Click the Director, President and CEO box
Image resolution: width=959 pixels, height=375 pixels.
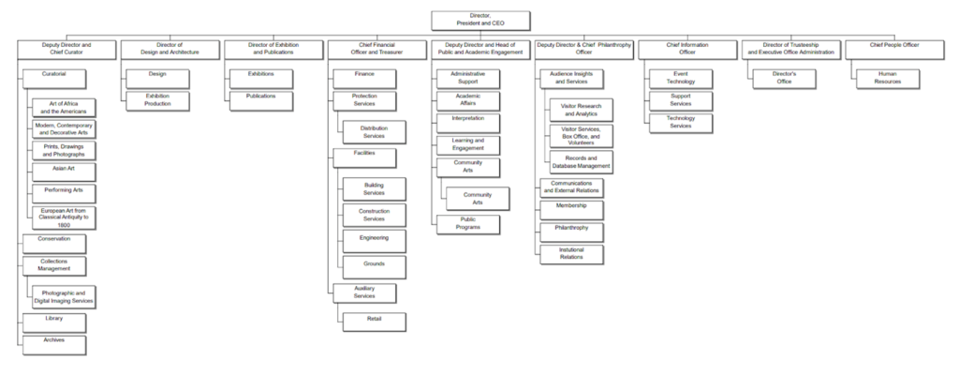pos(480,20)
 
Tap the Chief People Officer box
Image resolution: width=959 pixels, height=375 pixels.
pos(893,49)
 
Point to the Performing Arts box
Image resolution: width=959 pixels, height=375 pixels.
pos(64,191)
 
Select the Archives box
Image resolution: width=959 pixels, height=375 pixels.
pos(54,343)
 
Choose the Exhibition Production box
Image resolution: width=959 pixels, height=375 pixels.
pos(157,100)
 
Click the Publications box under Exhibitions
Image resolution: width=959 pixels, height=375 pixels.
pos(261,97)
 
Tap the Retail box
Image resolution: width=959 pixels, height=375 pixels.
pos(375,321)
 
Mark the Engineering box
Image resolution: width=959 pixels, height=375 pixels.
pos(375,240)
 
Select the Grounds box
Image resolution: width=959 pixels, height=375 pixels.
pos(375,266)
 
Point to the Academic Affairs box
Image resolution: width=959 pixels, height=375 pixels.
pos(468,100)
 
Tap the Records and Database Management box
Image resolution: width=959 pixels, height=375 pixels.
pos(582,161)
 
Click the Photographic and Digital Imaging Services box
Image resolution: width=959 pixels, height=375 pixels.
pos(64,296)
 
